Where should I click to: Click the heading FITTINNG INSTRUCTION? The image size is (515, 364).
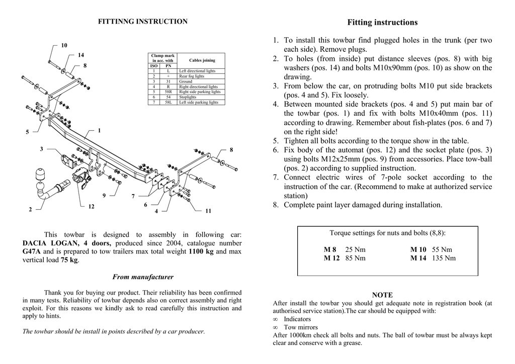click(142, 22)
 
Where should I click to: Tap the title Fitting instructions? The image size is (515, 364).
click(382, 23)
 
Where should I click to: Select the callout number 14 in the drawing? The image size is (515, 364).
click(81, 55)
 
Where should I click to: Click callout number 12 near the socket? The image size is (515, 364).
click(91, 207)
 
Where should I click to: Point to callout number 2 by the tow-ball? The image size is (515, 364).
click(30, 209)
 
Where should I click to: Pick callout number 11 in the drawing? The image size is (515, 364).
click(208, 211)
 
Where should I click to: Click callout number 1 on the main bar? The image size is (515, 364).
click(100, 131)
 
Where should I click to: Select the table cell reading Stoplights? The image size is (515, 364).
click(188, 97)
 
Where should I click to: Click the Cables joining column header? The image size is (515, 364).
click(202, 60)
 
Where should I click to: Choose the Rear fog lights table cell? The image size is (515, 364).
click(192, 76)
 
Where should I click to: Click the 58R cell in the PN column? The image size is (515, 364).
click(168, 92)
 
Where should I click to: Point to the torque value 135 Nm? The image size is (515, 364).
click(444, 258)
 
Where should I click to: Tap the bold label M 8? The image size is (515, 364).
click(330, 249)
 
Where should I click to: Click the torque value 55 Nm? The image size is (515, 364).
click(442, 249)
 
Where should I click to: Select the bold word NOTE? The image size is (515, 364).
click(382, 295)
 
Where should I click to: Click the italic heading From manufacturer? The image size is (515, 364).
click(143, 277)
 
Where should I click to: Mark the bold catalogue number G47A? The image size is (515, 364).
click(32, 251)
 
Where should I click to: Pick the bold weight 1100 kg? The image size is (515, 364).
click(201, 251)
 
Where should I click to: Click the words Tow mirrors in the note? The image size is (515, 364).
click(297, 327)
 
